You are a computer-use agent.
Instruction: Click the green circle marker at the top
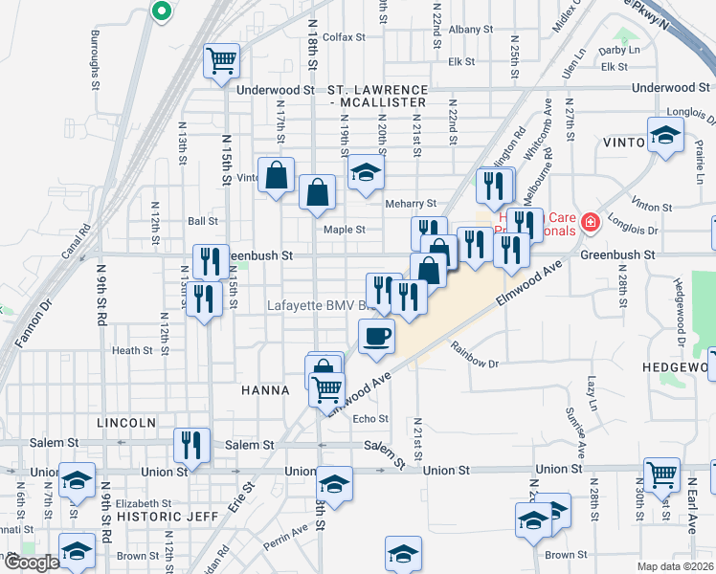coord(161,11)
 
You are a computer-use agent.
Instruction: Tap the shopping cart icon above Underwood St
coord(222,61)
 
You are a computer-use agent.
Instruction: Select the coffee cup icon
coord(376,336)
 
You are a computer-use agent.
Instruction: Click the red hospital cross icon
coord(590,224)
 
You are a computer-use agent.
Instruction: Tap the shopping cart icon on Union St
coord(661,474)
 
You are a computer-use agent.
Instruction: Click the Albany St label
coord(470,30)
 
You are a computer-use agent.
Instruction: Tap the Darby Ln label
coord(619,50)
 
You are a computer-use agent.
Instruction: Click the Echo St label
coord(370,419)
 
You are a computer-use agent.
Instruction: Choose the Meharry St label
coord(411,204)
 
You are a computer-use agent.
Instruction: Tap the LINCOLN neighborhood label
coord(125,422)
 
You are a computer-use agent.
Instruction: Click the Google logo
coord(31,563)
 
